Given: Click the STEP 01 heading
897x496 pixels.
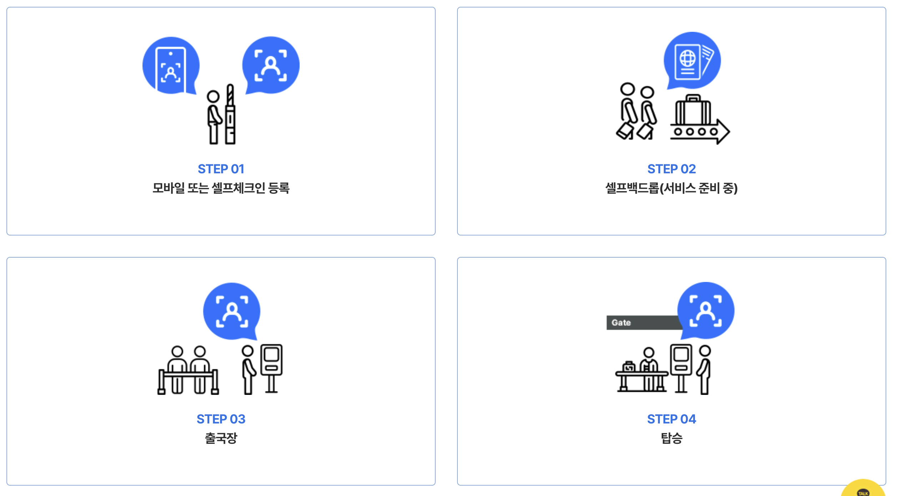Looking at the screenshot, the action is [221, 169].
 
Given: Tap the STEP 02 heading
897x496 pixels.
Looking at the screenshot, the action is [671, 169].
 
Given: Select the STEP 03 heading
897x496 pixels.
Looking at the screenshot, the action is [221, 419].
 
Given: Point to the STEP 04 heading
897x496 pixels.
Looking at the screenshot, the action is [671, 419].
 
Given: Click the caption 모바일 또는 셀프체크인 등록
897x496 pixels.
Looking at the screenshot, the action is [221, 188].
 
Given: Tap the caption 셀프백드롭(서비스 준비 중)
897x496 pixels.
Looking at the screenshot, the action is [671, 188].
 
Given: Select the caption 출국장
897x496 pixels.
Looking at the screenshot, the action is [221, 438].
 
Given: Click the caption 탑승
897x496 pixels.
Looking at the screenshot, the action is [671, 438].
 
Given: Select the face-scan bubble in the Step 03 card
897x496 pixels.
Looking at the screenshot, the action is [232, 311].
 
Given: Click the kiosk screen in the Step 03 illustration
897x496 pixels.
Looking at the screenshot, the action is [271, 355].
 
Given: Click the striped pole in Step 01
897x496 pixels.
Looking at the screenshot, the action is [230, 96].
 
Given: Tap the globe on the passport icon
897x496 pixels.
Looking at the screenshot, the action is [687, 58].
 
